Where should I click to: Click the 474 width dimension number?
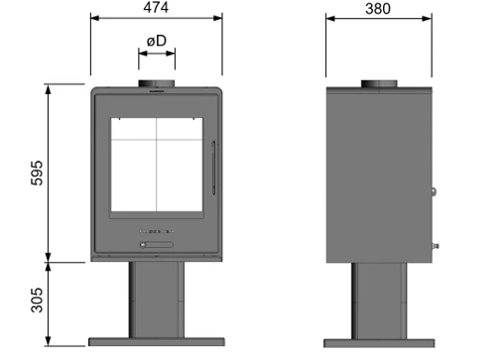click(x=156, y=7)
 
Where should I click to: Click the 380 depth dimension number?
click(x=378, y=9)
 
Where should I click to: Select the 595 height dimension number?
click(x=37, y=173)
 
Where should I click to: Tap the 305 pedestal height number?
click(x=37, y=300)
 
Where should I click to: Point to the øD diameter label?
click(x=157, y=41)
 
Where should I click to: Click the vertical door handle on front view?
click(x=213, y=168)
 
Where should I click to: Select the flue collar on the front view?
click(x=157, y=83)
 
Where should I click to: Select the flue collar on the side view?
click(x=379, y=84)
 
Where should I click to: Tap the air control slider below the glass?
click(x=157, y=245)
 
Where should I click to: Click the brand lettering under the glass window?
click(x=157, y=231)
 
